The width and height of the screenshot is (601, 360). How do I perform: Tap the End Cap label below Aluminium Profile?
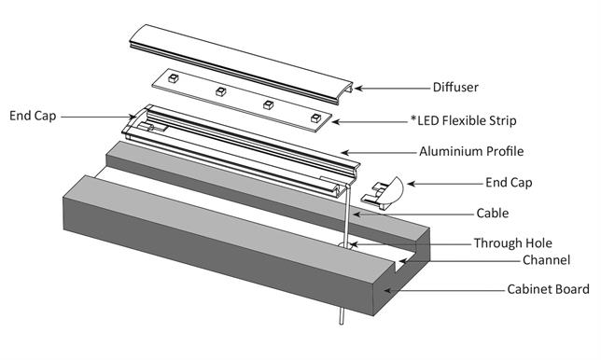click(x=509, y=183)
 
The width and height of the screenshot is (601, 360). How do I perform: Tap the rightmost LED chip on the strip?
click(x=314, y=118)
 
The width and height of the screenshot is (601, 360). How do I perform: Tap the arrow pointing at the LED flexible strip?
click(x=369, y=121)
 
